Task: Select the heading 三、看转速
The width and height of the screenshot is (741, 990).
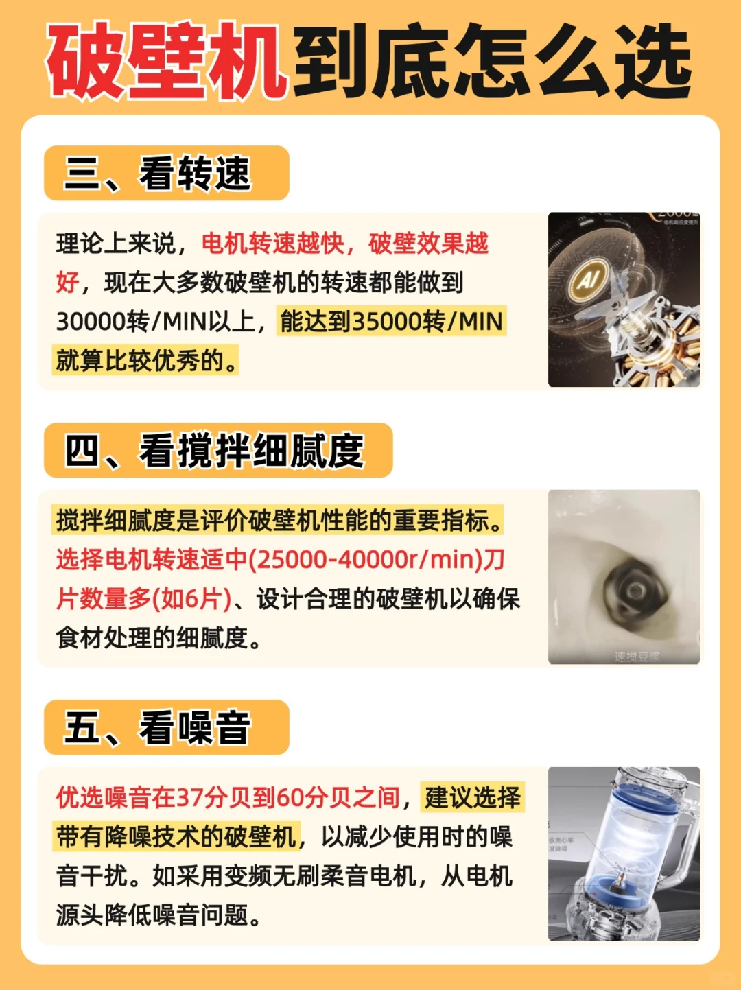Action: pos(158,174)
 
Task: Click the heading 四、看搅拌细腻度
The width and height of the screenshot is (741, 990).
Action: pos(214,451)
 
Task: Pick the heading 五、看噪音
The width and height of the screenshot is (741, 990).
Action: pos(158,728)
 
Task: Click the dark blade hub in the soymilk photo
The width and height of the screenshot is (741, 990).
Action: pos(635,590)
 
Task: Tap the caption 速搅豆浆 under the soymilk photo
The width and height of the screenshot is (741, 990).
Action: pos(637,657)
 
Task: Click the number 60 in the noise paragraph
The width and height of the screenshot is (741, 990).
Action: pos(290,797)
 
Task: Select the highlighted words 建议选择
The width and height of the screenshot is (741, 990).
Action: pos(473,797)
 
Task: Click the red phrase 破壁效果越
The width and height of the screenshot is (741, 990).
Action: pos(428,243)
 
